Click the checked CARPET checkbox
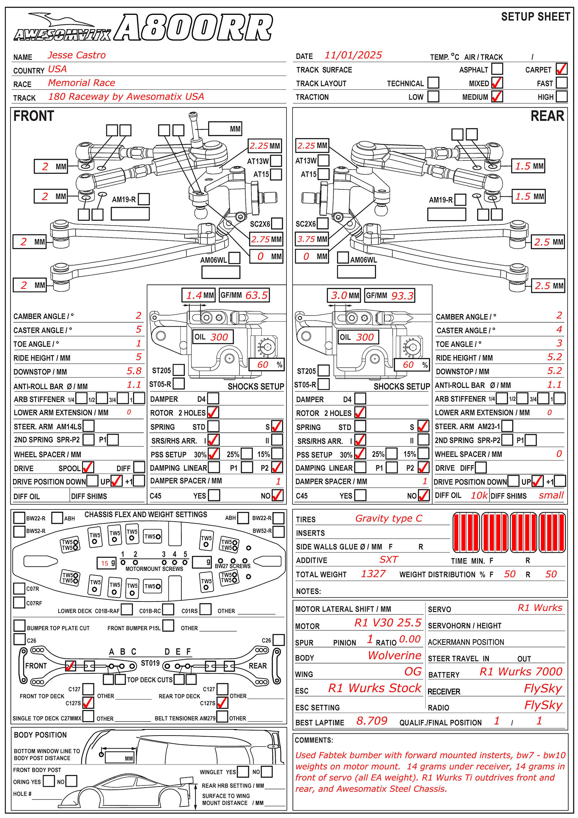coord(561,69)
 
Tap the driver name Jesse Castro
coord(77,55)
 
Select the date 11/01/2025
coord(353,55)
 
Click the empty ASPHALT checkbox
coord(497,69)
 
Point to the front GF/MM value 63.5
coord(256,295)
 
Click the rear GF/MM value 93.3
coord(402,296)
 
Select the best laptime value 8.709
coord(372,721)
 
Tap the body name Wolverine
coord(394,655)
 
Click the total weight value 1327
coord(373,574)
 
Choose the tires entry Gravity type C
coord(388,518)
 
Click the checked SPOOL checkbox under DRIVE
coord(88,467)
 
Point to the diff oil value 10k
coord(479,495)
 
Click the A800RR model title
coord(194,28)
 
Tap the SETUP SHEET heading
coord(535,17)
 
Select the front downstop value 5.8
coord(134,371)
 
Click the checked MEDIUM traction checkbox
coord(497,97)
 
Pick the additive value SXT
coord(388,560)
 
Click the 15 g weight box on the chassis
coord(107,563)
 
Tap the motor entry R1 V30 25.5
coord(388,622)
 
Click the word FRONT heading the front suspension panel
coord(34,116)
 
